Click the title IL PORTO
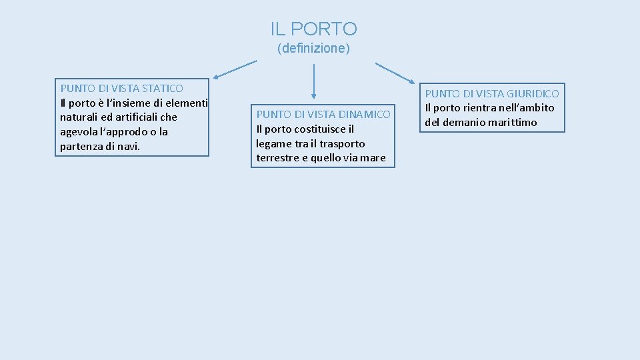(313, 29)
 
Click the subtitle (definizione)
(313, 49)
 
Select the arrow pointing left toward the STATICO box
(235, 69)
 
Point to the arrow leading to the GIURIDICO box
(395, 73)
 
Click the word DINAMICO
(364, 115)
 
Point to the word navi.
(128, 147)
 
